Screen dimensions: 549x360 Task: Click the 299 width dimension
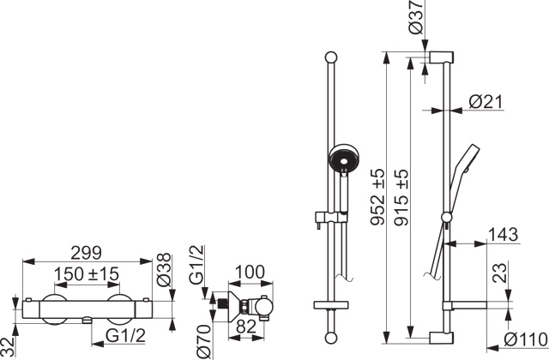point(86,253)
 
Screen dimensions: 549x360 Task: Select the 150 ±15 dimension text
point(87,273)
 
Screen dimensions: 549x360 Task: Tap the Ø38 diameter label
point(164,270)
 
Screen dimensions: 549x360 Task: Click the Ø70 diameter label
point(203,341)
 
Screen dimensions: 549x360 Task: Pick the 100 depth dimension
point(250,272)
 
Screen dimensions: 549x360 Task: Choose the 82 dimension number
point(246,327)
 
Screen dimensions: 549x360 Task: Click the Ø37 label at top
point(415,17)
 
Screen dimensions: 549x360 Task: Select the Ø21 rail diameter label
point(486,102)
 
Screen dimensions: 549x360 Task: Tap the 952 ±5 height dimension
point(377,196)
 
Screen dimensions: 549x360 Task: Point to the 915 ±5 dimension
point(401,197)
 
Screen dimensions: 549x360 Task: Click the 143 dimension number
point(503,234)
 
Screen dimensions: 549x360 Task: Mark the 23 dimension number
point(499,273)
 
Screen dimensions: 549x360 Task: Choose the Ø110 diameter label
point(526,339)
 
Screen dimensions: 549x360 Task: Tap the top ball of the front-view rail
point(331,57)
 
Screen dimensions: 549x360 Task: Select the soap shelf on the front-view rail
point(331,304)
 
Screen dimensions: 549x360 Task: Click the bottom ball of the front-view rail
point(331,338)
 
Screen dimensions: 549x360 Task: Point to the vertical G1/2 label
point(196,264)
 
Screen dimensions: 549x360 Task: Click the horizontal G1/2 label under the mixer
point(126,337)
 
